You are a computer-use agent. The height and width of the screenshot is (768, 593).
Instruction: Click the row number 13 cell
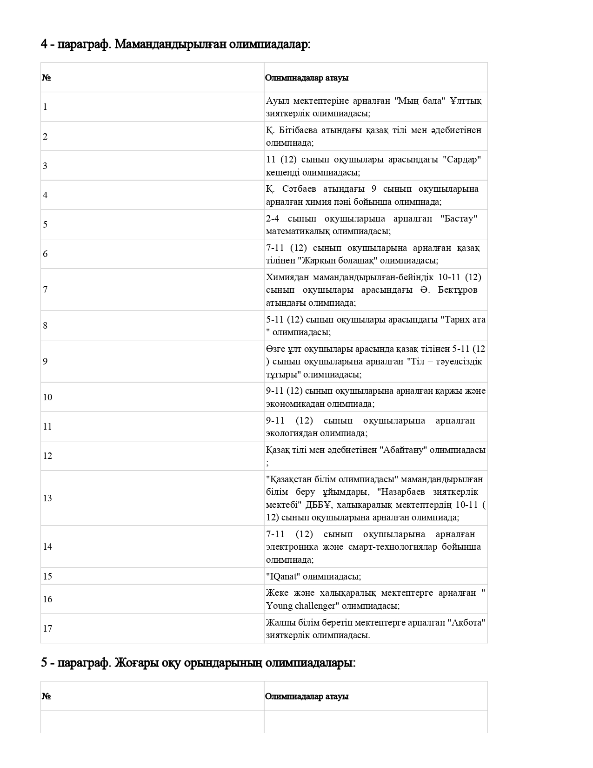pos(47,498)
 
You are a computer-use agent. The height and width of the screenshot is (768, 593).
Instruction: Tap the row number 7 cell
pos(45,290)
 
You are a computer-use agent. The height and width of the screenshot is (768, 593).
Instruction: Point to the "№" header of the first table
pos(46,78)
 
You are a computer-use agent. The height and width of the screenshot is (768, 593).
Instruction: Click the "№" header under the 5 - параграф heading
pos(46,696)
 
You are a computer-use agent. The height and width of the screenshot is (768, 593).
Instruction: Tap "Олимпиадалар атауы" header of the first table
pos(306,78)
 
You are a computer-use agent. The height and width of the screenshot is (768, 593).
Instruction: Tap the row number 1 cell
pos(45,107)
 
